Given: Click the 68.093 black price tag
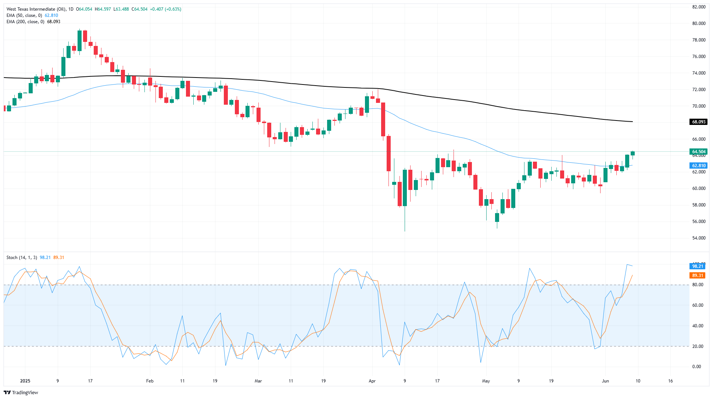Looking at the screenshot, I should [x=699, y=122].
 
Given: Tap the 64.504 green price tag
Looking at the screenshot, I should [x=699, y=152].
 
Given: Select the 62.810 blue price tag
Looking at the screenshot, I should [x=699, y=166].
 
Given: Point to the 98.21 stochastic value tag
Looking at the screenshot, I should [x=697, y=266].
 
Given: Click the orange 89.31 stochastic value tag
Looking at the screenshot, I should [x=697, y=276].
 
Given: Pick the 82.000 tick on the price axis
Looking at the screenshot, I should [x=699, y=7].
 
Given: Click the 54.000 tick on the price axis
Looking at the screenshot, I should [x=699, y=238].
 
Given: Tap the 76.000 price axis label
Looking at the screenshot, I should [x=699, y=57].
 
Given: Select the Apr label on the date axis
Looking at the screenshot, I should [x=372, y=381].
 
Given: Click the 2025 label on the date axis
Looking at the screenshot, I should [x=25, y=381].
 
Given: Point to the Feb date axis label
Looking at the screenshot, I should [x=150, y=381].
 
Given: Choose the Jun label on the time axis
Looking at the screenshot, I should [x=605, y=381].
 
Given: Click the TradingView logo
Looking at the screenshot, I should [x=21, y=392].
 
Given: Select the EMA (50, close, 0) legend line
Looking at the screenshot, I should [x=24, y=15].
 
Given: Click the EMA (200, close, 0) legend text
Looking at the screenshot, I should [x=25, y=22].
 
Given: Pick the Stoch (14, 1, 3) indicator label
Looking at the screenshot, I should [x=22, y=258].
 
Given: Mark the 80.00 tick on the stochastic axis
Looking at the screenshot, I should [x=697, y=285].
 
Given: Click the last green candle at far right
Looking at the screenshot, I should [x=633, y=153].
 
